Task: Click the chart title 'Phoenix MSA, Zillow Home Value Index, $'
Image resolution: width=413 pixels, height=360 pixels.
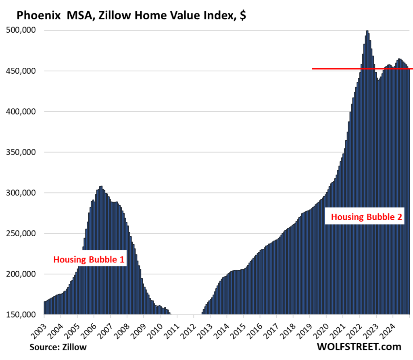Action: pyautogui.click(x=131, y=16)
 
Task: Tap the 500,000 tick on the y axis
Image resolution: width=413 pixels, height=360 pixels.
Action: pyautogui.click(x=23, y=30)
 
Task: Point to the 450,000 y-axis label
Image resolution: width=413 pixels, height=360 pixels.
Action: pyautogui.click(x=23, y=71)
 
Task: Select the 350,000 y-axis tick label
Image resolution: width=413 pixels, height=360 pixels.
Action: pyautogui.click(x=23, y=152)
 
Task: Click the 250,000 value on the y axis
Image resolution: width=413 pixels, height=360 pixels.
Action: pyautogui.click(x=23, y=233)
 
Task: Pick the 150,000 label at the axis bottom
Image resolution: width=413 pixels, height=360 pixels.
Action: pyautogui.click(x=23, y=315)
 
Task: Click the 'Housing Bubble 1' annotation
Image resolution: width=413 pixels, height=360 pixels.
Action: pyautogui.click(x=89, y=259)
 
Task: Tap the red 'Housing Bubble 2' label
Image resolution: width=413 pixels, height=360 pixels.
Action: pyautogui.click(x=366, y=217)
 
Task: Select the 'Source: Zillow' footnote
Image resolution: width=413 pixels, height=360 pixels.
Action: pyautogui.click(x=58, y=347)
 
